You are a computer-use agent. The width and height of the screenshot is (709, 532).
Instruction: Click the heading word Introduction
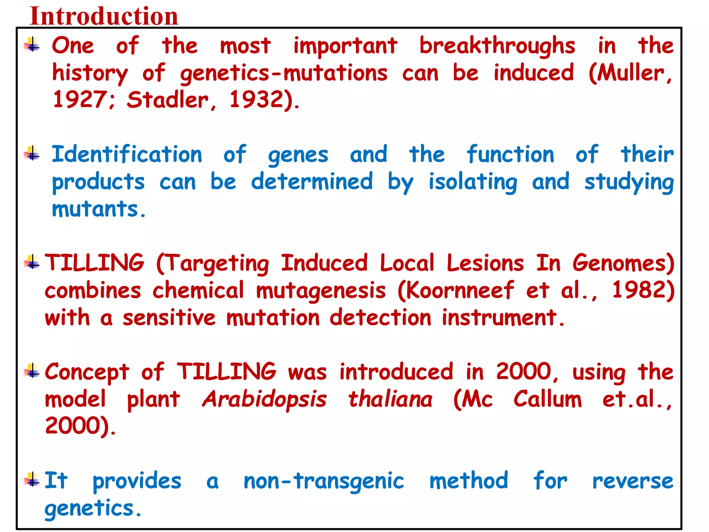pyautogui.click(x=104, y=16)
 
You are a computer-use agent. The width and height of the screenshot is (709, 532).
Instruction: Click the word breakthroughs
pyautogui.click(x=497, y=46)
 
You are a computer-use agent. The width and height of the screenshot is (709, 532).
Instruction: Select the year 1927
pyautogui.click(x=80, y=100)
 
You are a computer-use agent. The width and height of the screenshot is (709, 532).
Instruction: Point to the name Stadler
pyautogui.click(x=168, y=100)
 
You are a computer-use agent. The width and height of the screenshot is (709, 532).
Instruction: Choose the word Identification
pyautogui.click(x=127, y=154)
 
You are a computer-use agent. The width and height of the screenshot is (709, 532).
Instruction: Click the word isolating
pyautogui.click(x=473, y=182)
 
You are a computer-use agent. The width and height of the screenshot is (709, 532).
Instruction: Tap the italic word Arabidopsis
pyautogui.click(x=264, y=400)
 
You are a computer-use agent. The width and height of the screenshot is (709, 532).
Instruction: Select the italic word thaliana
pyautogui.click(x=390, y=399)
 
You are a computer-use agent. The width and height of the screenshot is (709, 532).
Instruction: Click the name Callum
pyautogui.click(x=548, y=399)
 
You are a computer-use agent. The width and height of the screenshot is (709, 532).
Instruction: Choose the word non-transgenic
pyautogui.click(x=324, y=481)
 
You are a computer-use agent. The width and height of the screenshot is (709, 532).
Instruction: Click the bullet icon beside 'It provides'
pyautogui.click(x=32, y=479)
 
